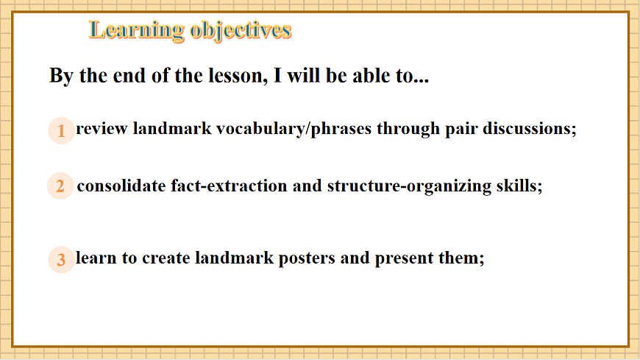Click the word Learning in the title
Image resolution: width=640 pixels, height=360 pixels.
pos(137,31)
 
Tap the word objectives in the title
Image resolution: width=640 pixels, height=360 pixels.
pos(241,31)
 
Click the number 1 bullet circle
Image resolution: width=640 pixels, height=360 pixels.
pos(61,130)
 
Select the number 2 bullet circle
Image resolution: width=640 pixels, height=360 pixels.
pos(60,186)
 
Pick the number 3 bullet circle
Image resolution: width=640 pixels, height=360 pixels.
pos(61,259)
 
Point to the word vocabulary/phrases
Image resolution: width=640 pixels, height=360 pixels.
pos(294,130)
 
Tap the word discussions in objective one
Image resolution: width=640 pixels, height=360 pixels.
pos(530,129)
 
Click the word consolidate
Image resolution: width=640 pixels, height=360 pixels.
pos(121,186)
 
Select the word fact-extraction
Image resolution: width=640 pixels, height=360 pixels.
pos(229,186)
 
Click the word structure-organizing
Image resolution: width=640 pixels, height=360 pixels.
pos(410,187)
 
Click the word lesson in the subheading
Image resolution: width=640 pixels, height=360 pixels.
pos(238,76)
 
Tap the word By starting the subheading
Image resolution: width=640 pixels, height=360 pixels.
pos(62,77)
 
